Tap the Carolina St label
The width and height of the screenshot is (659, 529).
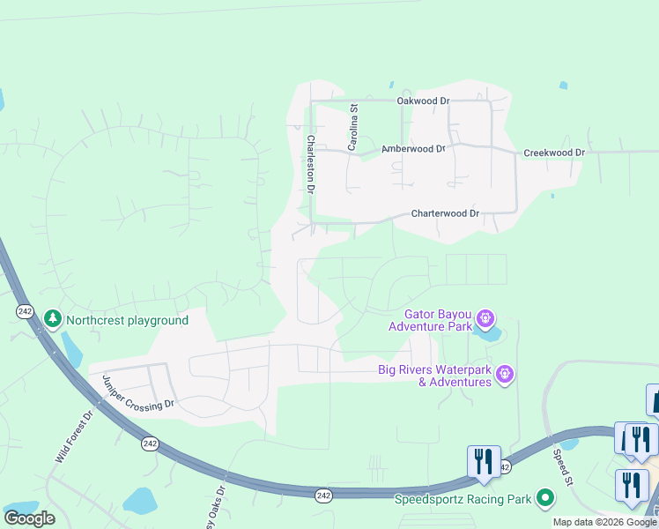[352, 129]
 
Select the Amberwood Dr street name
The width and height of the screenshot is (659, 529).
[412, 149]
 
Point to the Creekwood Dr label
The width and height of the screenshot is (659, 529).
[554, 153]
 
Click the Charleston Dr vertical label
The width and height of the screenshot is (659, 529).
[311, 164]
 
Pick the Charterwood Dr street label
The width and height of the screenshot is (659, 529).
[445, 213]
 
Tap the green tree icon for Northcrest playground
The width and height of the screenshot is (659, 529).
[53, 318]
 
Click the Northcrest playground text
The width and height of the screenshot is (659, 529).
[127, 320]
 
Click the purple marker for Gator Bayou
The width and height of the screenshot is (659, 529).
[485, 317]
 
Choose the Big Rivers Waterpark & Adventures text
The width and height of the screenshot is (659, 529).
[434, 376]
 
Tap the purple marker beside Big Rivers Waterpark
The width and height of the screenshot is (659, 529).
[505, 375]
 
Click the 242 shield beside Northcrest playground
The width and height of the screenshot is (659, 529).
[25, 312]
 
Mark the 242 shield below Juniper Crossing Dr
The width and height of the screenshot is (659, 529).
[150, 443]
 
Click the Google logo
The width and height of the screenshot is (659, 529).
[29, 518]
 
